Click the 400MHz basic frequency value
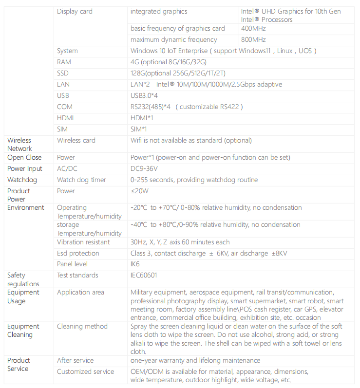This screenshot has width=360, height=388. (253, 28)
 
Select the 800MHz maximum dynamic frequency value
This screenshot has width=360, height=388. (253, 39)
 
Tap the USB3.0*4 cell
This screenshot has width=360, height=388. (144, 95)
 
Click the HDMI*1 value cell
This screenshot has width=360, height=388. (142, 118)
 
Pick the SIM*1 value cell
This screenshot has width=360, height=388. (139, 129)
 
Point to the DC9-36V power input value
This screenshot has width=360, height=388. (144, 168)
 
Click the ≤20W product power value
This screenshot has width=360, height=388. (140, 191)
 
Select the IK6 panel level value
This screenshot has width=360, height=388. (135, 264)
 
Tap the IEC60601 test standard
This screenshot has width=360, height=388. (144, 275)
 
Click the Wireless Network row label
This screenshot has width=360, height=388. (19, 144)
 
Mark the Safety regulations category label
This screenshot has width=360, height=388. (23, 279)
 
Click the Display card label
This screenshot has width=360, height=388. (75, 11)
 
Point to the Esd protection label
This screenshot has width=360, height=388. (78, 253)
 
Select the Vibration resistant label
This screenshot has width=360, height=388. (83, 242)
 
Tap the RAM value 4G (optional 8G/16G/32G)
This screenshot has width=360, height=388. (169, 62)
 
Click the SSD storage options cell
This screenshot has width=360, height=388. (178, 73)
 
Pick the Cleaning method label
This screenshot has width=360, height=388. (82, 326)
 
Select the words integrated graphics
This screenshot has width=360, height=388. (159, 11)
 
